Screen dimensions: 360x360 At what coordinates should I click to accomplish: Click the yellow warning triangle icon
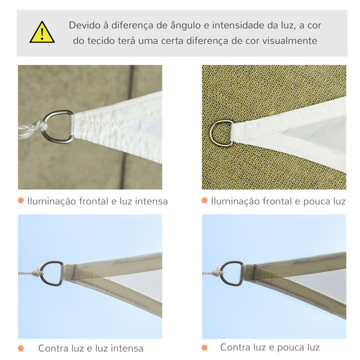pos(42,33)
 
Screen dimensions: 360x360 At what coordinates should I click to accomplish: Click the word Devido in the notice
pos(85,25)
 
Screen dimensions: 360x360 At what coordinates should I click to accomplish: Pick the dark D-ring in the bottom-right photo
pos(232,273)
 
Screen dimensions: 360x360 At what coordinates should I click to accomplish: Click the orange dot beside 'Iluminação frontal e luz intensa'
pos(20,200)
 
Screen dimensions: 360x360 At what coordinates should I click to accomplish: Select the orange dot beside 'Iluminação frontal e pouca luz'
pos(204,200)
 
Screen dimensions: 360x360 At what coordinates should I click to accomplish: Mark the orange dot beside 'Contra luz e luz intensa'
pos(20,348)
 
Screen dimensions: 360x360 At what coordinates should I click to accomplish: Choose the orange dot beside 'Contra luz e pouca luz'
pos(204,347)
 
